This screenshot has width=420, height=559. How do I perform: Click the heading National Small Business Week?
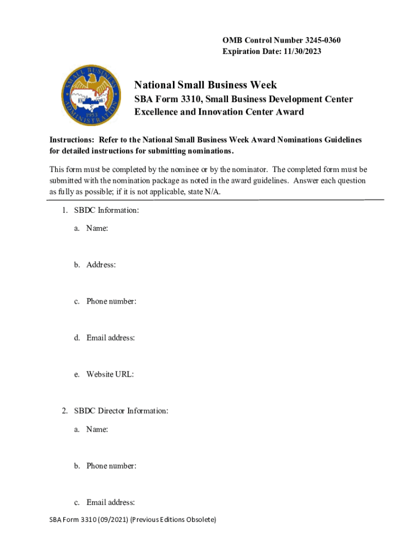tap(206, 85)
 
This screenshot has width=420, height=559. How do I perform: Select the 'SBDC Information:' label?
tap(104, 210)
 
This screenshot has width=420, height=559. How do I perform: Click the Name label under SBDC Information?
tap(97, 229)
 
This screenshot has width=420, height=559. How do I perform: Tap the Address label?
tap(100, 265)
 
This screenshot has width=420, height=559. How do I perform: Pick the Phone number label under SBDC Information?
tap(111, 301)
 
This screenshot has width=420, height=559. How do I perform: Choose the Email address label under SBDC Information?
tap(110, 338)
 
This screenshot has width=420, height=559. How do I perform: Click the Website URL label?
tap(110, 374)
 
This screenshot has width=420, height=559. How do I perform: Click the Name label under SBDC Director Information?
tap(97, 430)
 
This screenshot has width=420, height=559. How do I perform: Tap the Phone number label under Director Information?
tap(111, 466)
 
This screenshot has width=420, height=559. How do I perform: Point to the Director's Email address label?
tap(110, 503)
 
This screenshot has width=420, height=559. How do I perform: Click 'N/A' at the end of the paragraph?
tap(213, 192)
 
